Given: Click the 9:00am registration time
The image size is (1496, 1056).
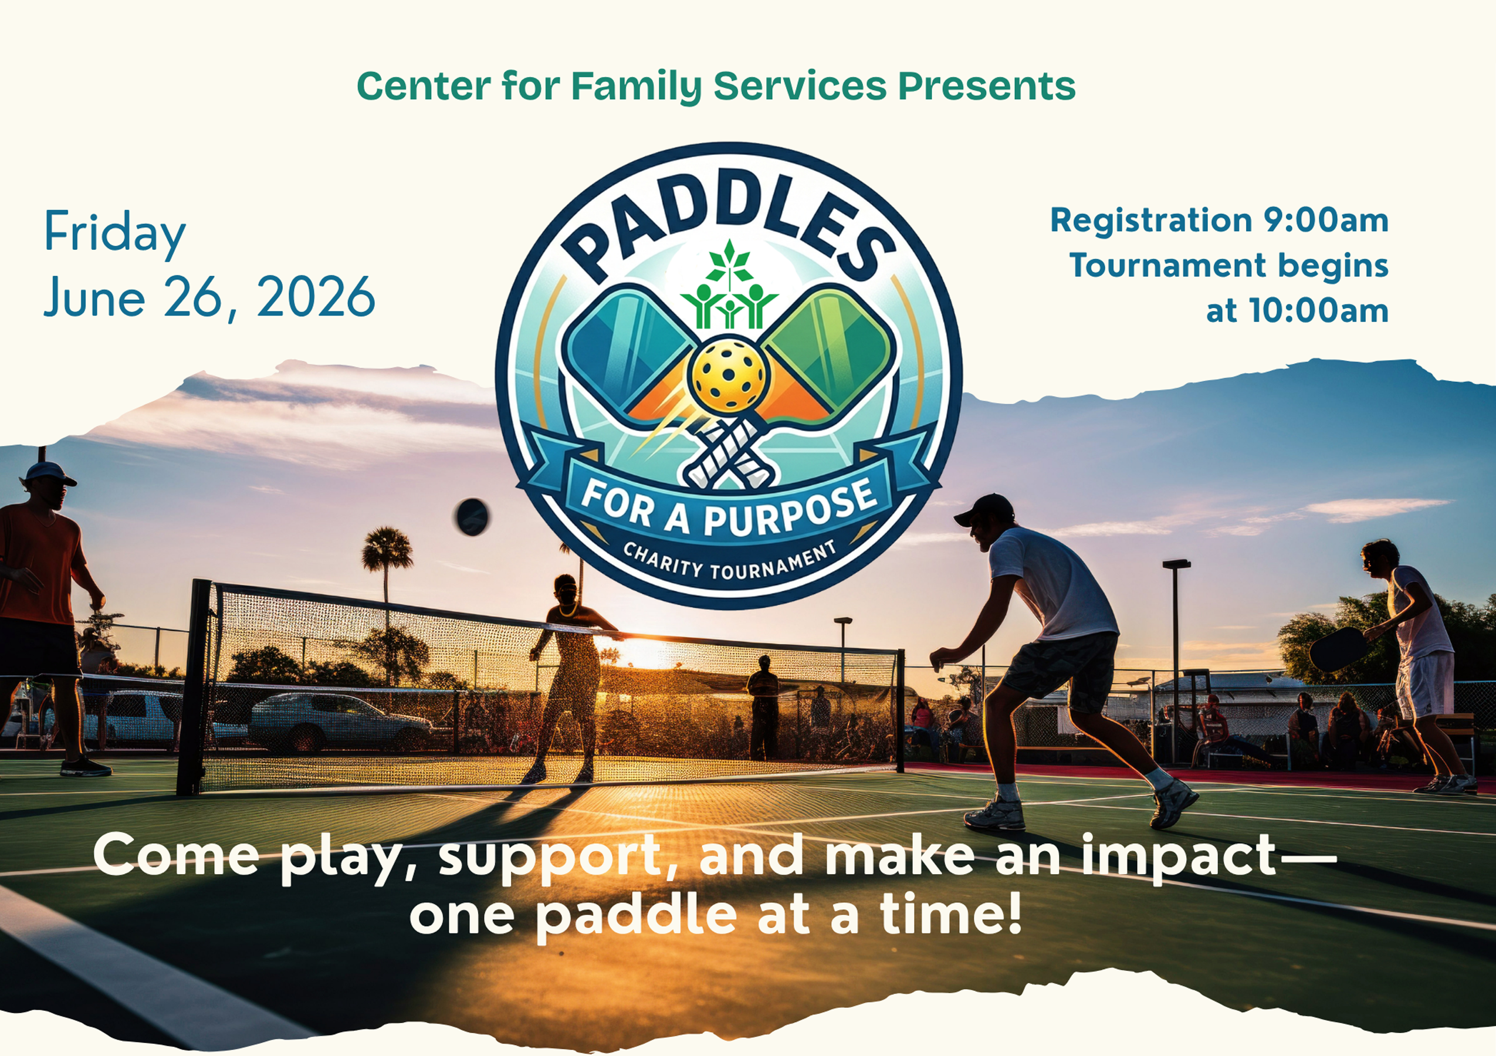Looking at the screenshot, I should pyautogui.click(x=1326, y=220).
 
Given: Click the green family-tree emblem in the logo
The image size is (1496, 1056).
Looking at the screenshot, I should pyautogui.click(x=729, y=290).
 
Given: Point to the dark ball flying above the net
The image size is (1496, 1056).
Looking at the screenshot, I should pyautogui.click(x=472, y=517).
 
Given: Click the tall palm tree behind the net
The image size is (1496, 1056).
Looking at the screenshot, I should pyautogui.click(x=387, y=554).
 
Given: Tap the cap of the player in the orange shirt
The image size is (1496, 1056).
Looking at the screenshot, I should pyautogui.click(x=49, y=472).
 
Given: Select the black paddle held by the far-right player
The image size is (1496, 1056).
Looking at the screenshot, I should pyautogui.click(x=1337, y=649).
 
